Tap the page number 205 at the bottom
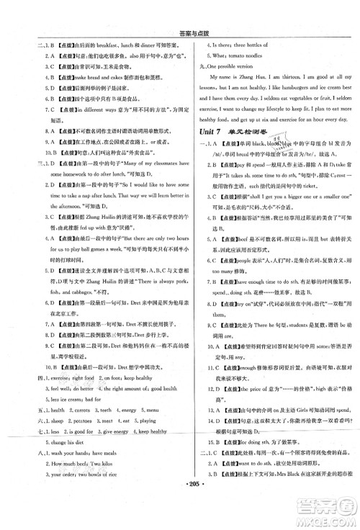181,519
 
